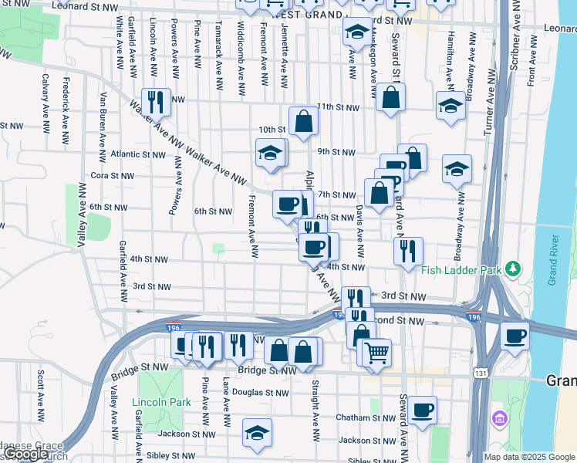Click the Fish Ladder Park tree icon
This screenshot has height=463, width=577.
coord(511,269)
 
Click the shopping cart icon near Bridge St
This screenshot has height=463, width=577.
coord(376,353)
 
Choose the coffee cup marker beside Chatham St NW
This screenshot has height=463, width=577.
coord(421,410)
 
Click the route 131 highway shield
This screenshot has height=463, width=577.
coord(481,373)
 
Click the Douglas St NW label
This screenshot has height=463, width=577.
coord(261,392)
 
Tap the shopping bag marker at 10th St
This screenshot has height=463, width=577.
coord(304,120)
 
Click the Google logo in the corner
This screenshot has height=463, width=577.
coord(26,454)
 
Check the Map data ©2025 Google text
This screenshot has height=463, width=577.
coord(529,457)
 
